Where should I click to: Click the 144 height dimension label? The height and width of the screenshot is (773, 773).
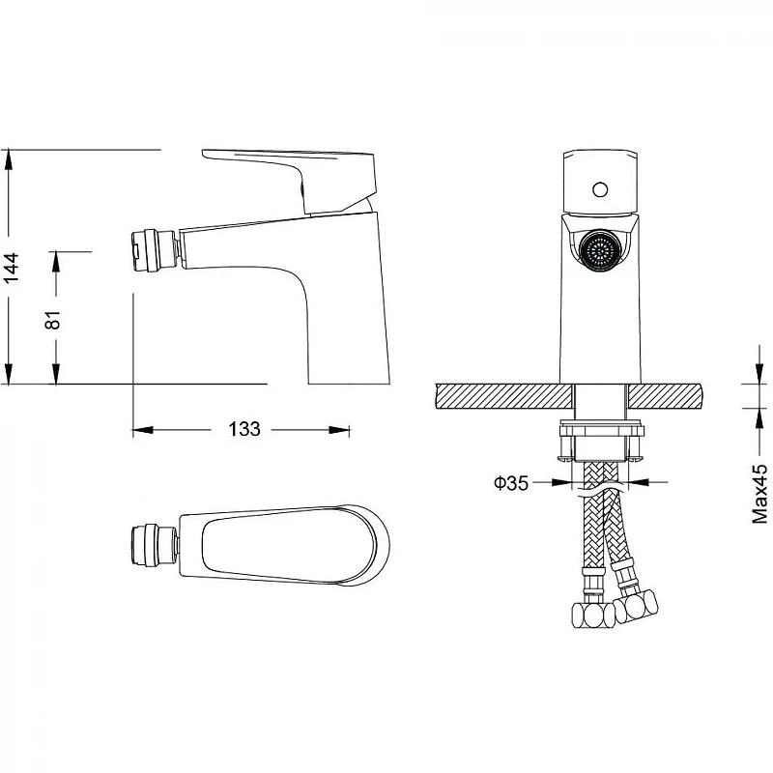[11, 267]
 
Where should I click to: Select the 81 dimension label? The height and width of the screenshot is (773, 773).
[52, 320]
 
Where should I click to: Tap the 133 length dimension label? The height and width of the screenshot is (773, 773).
[244, 429]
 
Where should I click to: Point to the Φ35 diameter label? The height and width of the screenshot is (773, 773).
[511, 482]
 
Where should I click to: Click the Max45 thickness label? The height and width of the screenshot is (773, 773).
[759, 494]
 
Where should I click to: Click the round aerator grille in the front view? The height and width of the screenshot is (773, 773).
[600, 250]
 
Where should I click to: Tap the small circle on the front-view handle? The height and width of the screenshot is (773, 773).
[600, 189]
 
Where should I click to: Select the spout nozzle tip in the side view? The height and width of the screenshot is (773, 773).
[155, 249]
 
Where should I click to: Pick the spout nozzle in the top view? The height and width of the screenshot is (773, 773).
[154, 545]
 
